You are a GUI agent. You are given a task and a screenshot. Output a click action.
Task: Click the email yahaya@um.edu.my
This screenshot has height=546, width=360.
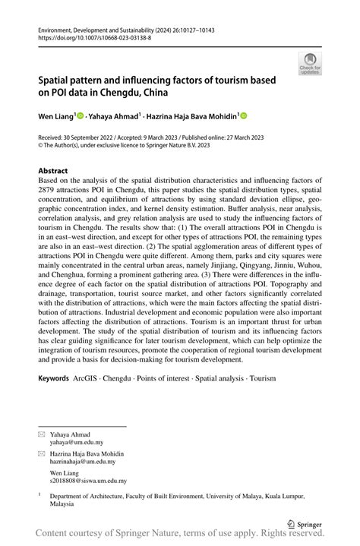(x=77, y=441)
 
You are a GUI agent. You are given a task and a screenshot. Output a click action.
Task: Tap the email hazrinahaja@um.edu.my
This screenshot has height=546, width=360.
(x=83, y=461)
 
